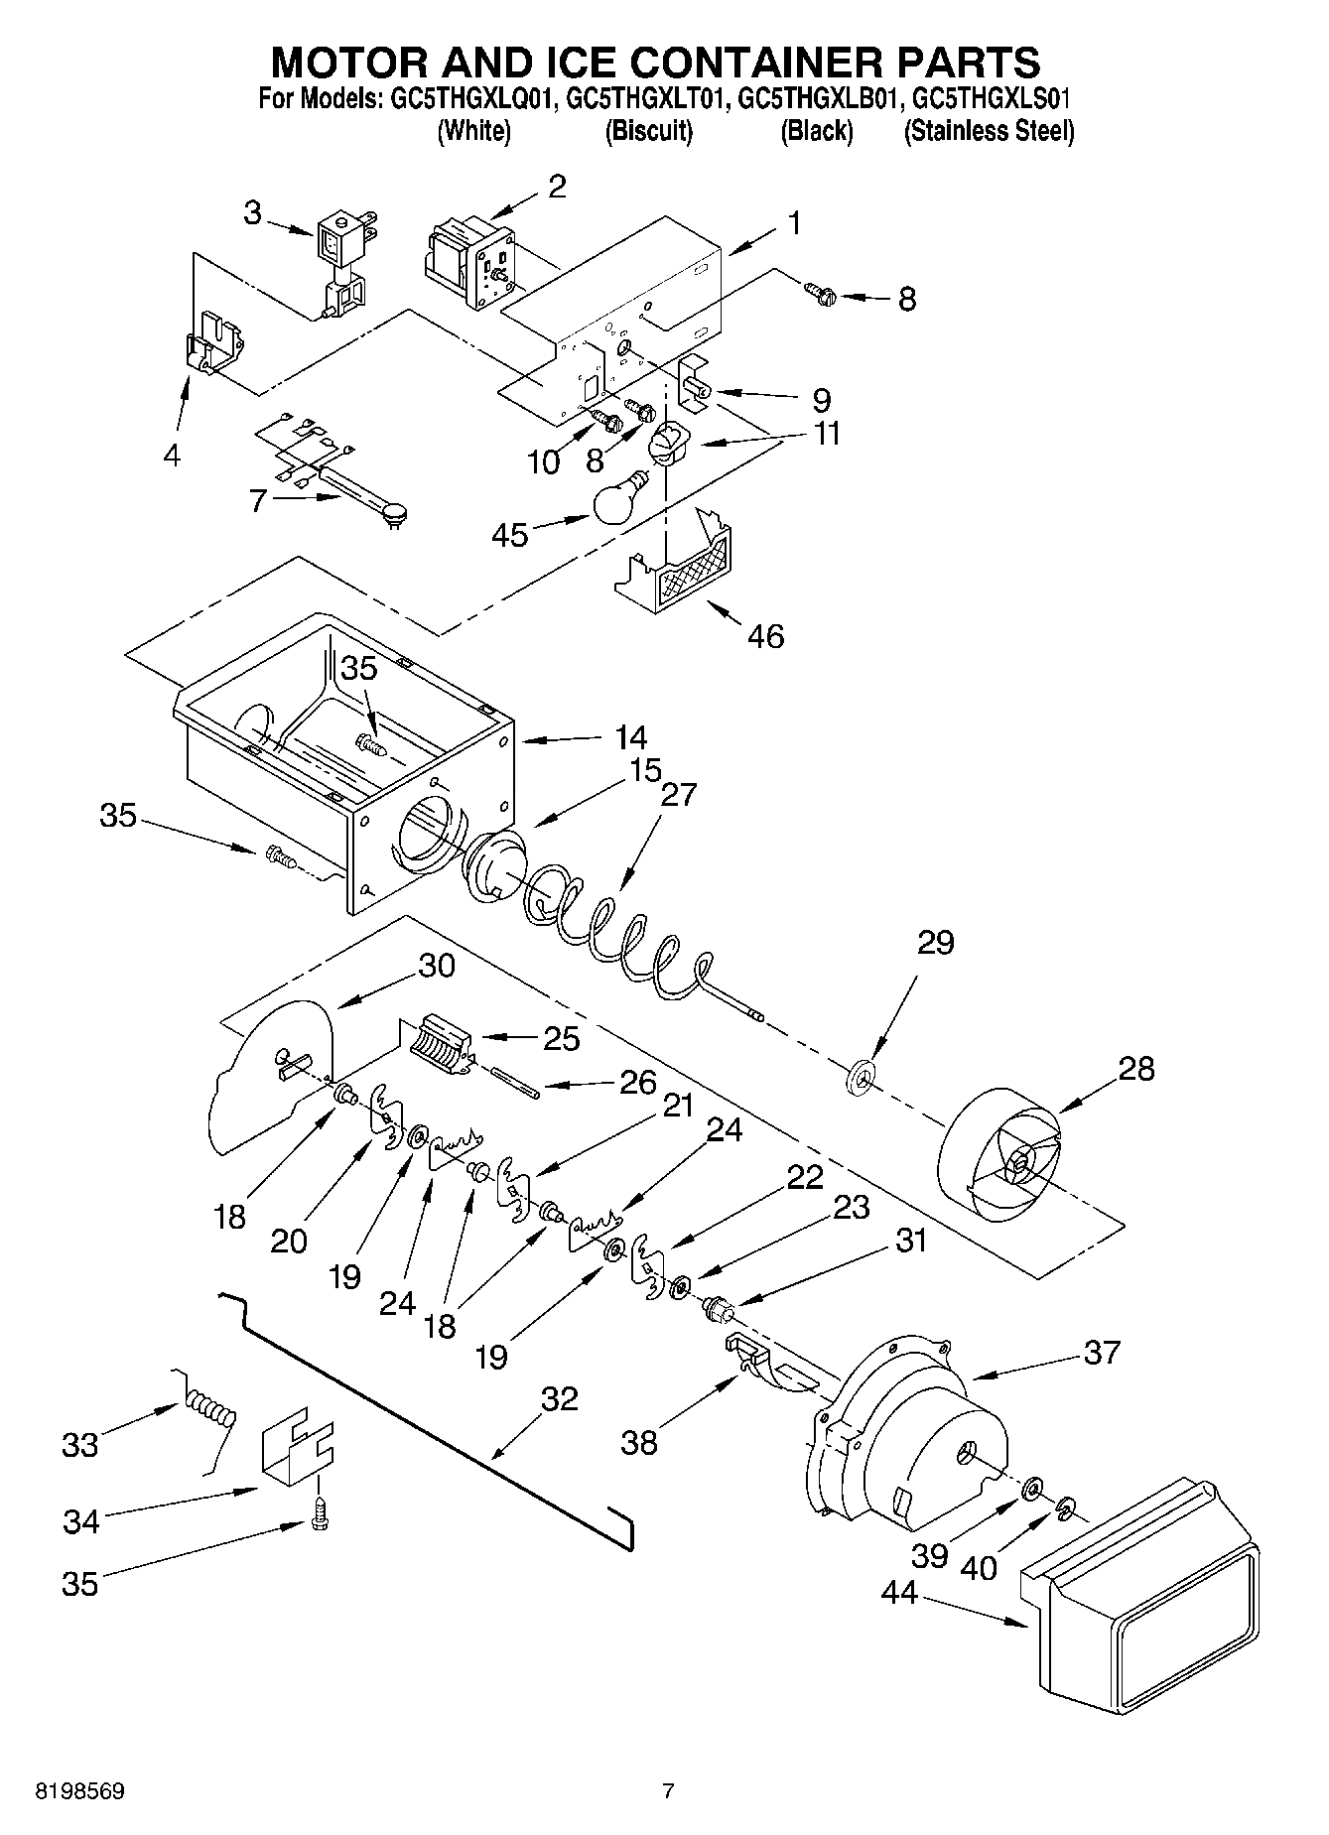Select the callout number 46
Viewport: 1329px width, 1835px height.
coord(761,635)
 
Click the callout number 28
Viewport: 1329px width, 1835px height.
coord(1135,1069)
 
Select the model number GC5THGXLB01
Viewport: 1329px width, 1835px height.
coord(816,99)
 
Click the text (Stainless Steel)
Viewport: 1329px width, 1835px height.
coord(989,131)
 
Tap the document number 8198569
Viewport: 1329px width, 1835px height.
coord(79,1791)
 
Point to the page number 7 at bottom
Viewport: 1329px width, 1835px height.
coord(668,1791)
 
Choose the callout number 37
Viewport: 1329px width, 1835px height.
coord(1101,1352)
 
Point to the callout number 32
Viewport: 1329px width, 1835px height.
coord(559,1398)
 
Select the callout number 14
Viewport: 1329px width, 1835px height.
coord(630,737)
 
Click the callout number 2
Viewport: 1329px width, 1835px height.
coord(557,186)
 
